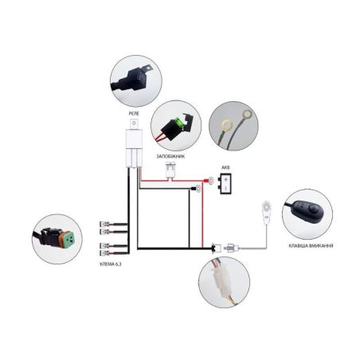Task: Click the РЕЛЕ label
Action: coord(134,113)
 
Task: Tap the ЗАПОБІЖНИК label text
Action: coord(170,156)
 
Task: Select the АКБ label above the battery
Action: coord(225,167)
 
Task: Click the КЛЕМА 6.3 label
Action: coord(111,264)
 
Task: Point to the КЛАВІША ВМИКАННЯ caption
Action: coord(311,245)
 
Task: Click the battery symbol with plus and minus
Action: coord(225,183)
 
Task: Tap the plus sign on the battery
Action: coord(225,179)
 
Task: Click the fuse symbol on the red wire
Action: coord(170,170)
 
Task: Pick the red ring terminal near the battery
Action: coord(209,181)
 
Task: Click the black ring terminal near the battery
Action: coord(197,189)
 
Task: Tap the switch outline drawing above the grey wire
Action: coord(266,211)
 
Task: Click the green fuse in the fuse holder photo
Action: coord(179,123)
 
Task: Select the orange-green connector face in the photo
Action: coord(68,240)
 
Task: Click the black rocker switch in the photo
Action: coord(309,211)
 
